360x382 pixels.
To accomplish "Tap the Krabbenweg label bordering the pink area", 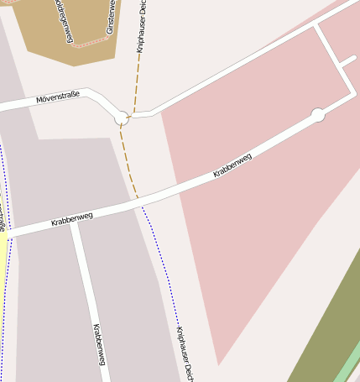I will [x=232, y=165].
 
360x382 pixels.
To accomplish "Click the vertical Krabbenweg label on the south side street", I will [x=99, y=344].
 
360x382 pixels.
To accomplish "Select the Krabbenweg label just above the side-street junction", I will [x=71, y=219].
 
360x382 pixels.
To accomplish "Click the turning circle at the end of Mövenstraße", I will [x=122, y=118].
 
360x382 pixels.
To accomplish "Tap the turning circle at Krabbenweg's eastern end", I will [x=318, y=114].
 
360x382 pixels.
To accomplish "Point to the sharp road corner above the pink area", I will [x=316, y=26].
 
